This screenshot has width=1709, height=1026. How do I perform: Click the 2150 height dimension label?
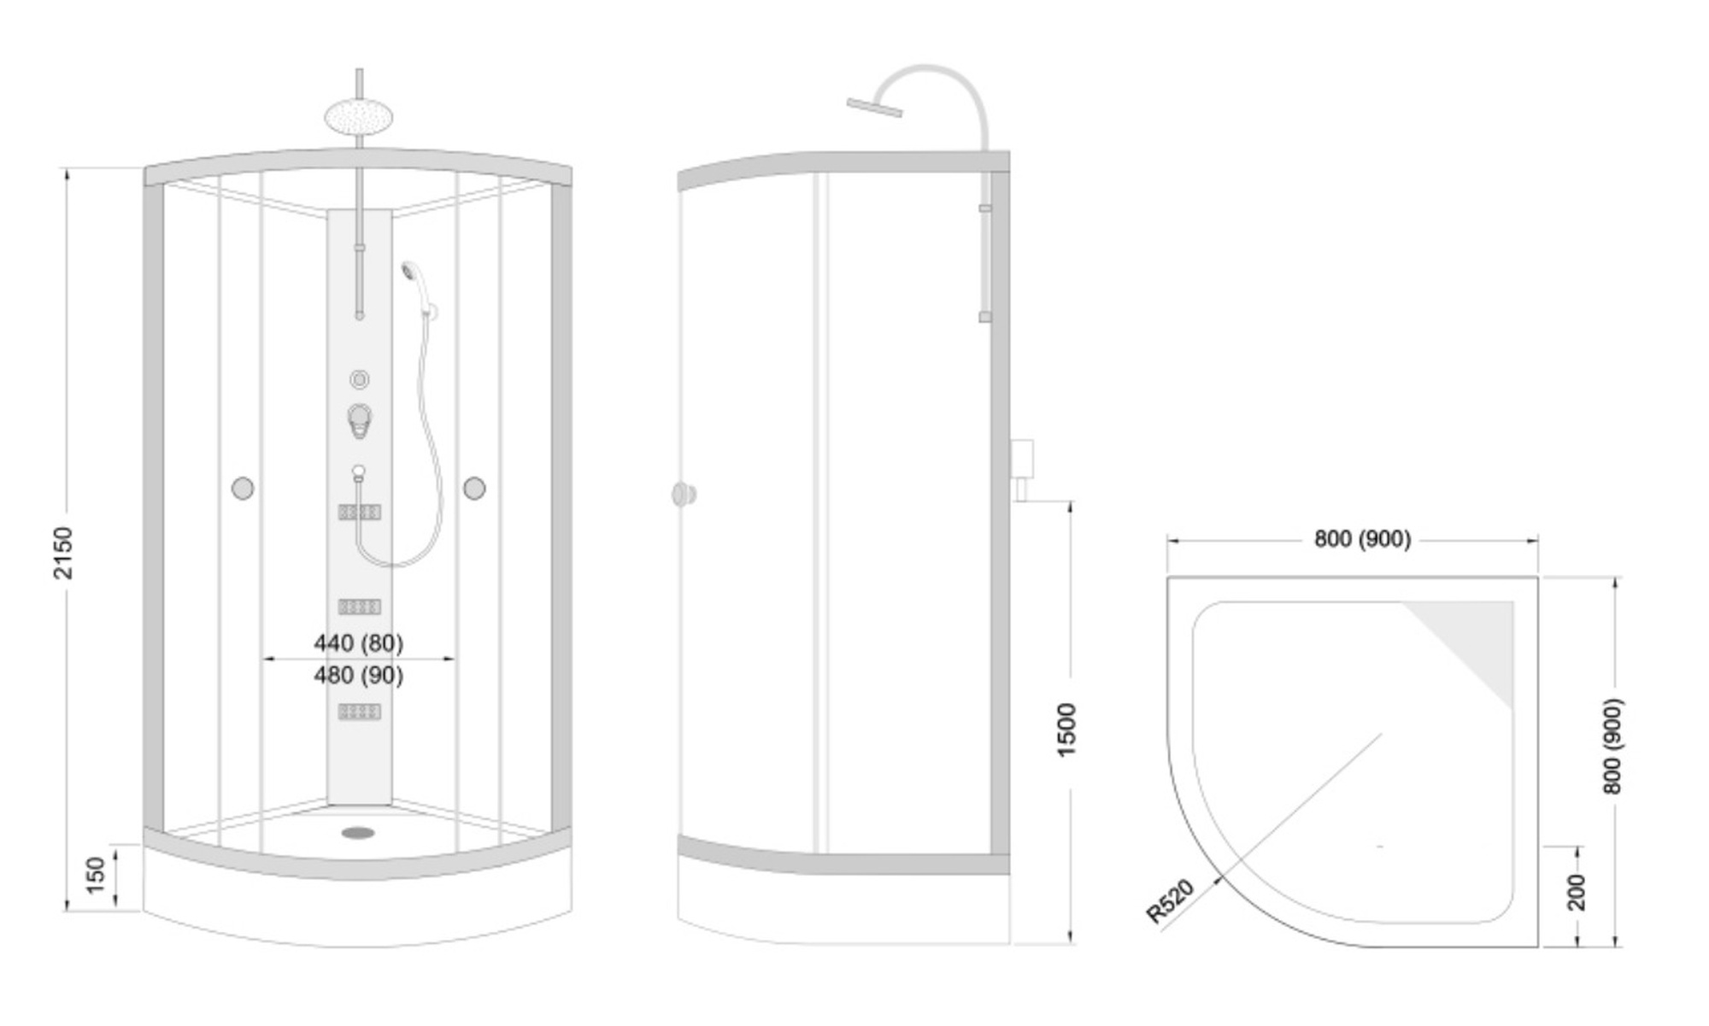pos(63,553)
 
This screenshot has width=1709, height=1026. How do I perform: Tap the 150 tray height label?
pos(96,875)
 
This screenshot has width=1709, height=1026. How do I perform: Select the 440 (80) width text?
pos(358,642)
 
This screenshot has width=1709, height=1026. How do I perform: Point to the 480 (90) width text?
pos(358,675)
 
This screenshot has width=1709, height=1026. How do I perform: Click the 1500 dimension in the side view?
pos(1066,730)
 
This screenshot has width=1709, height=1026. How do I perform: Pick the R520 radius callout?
pos(1170,901)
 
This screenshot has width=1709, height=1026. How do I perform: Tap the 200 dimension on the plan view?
pos(1577,891)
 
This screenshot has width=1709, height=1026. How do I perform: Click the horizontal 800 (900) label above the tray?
pos(1362,539)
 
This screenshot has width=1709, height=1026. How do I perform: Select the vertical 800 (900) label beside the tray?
pos(1612,746)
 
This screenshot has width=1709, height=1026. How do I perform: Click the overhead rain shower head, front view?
pos(359,116)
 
